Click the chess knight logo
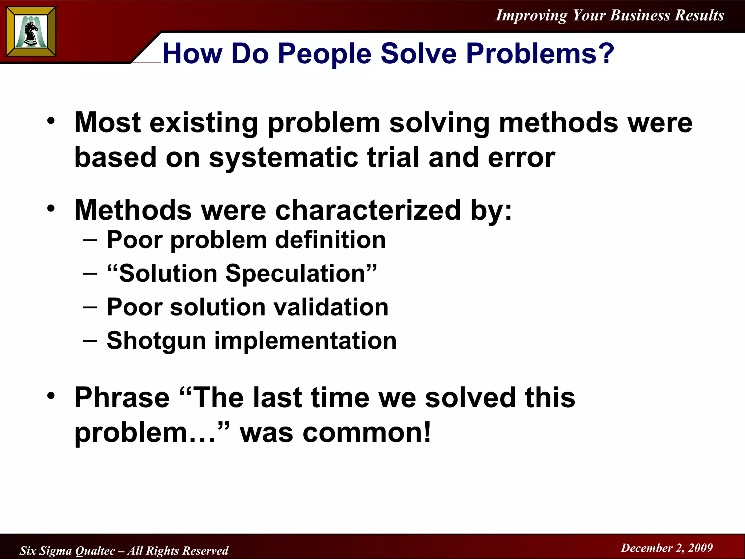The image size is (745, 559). (x=31, y=32)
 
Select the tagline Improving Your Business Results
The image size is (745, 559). (x=610, y=15)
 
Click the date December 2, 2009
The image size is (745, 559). (x=666, y=548)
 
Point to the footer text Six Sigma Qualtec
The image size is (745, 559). (x=68, y=551)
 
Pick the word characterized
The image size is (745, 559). (x=368, y=210)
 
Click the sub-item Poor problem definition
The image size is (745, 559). (x=246, y=240)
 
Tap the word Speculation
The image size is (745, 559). (x=295, y=273)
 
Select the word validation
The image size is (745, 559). (x=331, y=307)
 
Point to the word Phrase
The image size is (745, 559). (x=122, y=397)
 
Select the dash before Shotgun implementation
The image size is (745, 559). (x=89, y=341)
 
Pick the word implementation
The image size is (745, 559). (x=305, y=341)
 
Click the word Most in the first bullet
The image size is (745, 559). (x=108, y=122)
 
